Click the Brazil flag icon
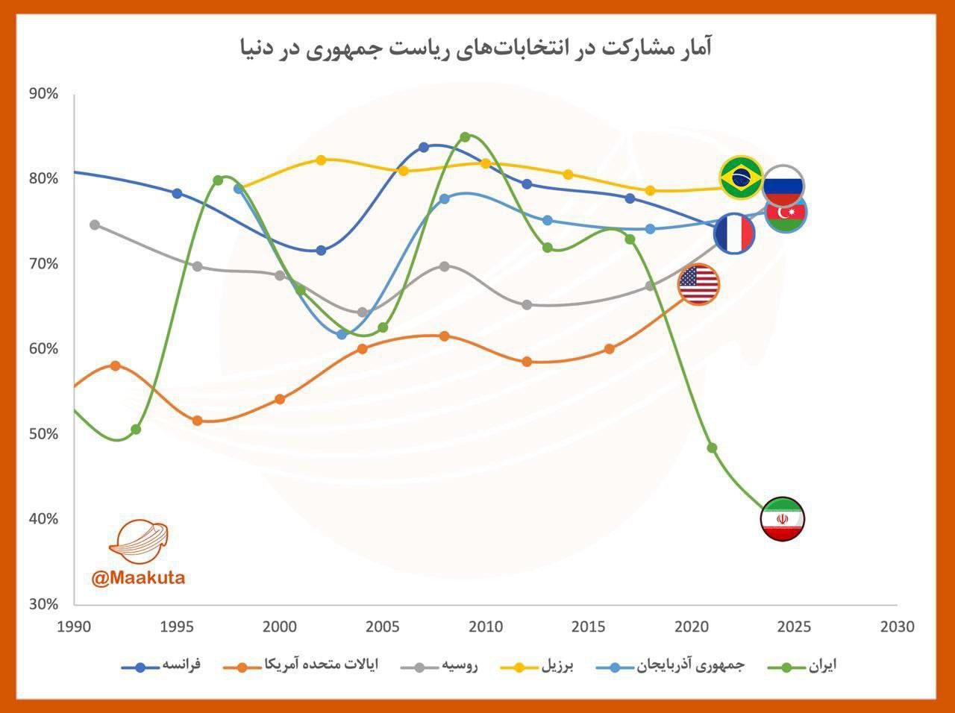[x=741, y=178]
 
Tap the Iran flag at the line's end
[x=782, y=518]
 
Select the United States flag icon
[x=698, y=284]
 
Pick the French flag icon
[x=734, y=233]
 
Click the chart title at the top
[x=476, y=49]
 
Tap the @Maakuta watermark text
[x=138, y=577]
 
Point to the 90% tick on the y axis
[x=43, y=94]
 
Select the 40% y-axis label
[x=43, y=519]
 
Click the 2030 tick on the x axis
[x=897, y=627]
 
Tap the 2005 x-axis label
[x=383, y=627]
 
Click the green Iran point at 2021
[x=712, y=448]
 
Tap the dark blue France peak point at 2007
[x=424, y=147]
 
